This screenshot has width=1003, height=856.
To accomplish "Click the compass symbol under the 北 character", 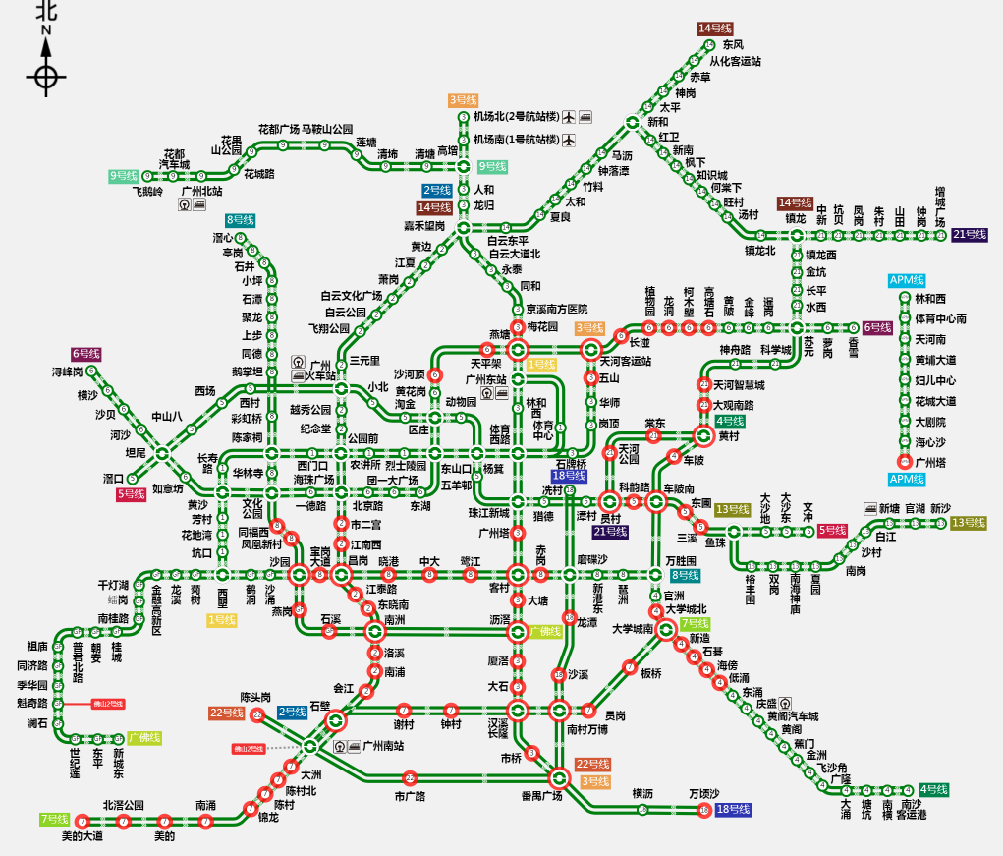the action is coord(46,77).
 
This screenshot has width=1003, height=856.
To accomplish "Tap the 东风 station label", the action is coord(733,44).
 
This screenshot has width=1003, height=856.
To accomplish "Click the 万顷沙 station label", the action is coord(703,793).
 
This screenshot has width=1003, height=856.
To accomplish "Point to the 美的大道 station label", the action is coord(82,836).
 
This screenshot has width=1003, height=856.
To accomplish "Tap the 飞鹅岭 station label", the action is coord(147,192).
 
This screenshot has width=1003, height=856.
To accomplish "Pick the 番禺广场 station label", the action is coord(542,795).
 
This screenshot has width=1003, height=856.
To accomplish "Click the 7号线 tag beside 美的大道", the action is coord(55,819).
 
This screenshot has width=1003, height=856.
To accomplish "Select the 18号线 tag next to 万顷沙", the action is coord(733,809).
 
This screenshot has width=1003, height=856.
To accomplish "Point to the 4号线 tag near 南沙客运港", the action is coord(934,789).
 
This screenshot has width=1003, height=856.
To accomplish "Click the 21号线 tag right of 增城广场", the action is coord(969,235).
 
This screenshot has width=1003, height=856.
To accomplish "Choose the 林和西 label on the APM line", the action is coord(930,299).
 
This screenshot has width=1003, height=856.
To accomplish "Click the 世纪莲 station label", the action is coord(75,763).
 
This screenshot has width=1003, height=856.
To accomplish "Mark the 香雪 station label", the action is coord(853,347).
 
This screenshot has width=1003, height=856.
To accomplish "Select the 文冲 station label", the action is coord(808,510).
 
